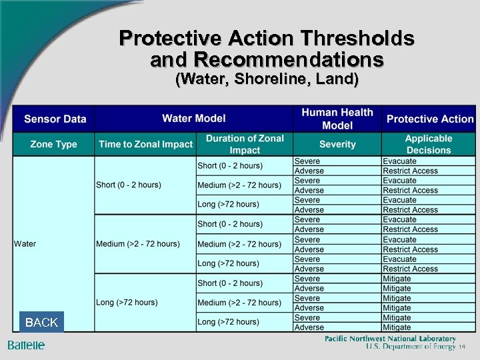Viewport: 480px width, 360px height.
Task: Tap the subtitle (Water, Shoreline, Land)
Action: (267, 80)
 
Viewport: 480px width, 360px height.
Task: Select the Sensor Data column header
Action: (55, 119)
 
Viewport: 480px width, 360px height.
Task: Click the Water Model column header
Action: (194, 119)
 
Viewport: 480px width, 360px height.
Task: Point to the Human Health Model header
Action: (337, 119)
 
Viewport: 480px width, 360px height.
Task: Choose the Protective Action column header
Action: (429, 119)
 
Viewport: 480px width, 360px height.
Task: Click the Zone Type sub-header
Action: (53, 144)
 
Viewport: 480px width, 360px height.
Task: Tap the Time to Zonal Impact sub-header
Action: (145, 144)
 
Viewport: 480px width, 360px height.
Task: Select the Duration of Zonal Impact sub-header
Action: (245, 144)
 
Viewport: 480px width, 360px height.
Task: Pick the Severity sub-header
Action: (337, 144)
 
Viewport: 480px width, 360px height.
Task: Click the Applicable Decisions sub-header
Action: (429, 144)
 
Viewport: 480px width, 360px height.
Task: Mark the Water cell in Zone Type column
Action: (25, 243)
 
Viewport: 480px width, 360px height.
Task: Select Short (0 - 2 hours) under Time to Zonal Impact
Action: (129, 185)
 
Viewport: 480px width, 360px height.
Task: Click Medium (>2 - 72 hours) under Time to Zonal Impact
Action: (138, 243)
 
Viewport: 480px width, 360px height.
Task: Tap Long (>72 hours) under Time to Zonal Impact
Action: (127, 302)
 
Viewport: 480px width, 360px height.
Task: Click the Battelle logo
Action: (26, 345)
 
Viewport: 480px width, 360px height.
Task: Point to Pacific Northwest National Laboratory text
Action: (390, 339)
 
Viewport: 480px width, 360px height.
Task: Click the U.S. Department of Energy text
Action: (410, 347)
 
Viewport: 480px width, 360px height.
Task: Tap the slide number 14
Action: (461, 347)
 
